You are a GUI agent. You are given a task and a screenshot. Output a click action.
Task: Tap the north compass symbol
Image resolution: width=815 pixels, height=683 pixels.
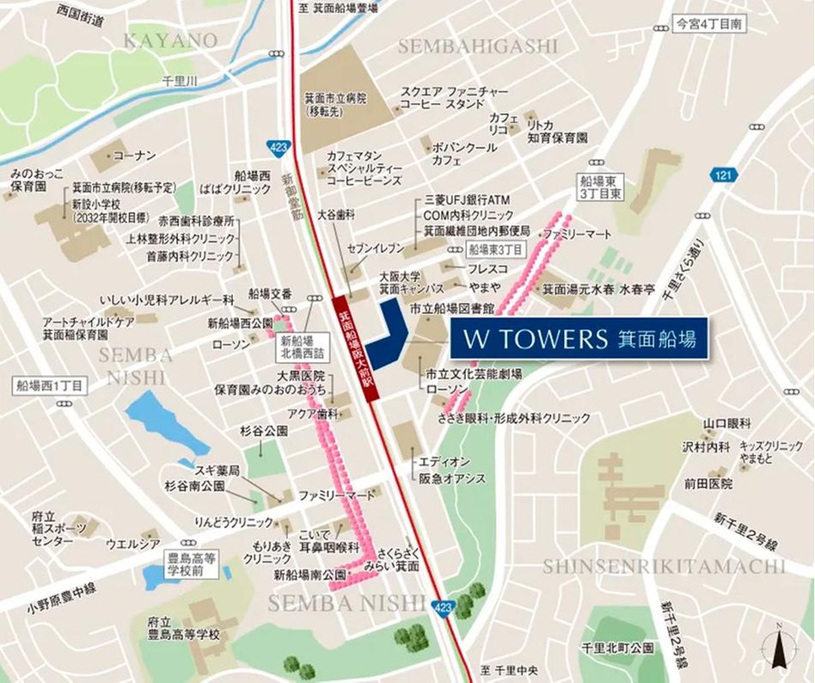[780, 646]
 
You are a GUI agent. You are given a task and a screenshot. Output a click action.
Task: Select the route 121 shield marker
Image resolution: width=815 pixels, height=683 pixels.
[724, 175]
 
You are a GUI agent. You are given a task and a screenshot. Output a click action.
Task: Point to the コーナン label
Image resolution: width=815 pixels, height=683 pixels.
[134, 156]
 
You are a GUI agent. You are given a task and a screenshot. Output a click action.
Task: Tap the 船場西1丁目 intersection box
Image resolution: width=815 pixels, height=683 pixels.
[50, 385]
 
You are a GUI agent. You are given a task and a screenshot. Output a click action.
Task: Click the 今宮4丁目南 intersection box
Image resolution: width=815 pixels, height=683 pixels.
[708, 26]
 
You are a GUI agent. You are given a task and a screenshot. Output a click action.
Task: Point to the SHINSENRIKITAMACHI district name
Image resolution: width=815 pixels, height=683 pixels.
[664, 566]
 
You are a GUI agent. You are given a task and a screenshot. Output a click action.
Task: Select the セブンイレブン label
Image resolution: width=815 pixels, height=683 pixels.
[375, 248]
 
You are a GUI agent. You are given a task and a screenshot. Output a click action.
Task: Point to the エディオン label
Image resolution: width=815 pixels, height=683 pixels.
[444, 462]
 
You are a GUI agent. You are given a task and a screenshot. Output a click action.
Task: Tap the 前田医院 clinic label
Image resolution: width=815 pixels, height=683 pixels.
[708, 484]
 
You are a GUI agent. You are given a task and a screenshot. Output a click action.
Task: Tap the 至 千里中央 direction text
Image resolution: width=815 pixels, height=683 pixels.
[508, 670]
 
